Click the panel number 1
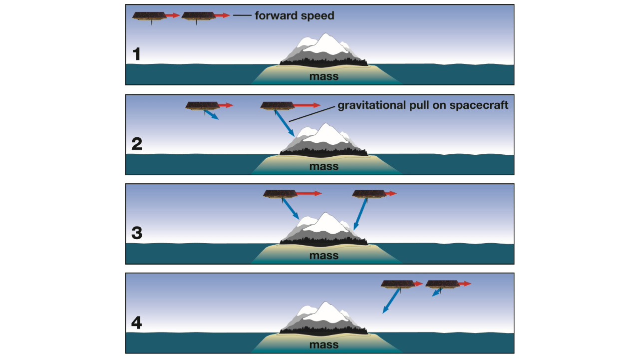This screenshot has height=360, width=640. [x=136, y=54]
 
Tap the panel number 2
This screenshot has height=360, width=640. [x=136, y=144]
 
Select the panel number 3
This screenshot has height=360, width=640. [x=136, y=233]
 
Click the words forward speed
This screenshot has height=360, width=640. [x=294, y=15]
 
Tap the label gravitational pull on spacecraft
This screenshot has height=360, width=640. [x=423, y=105]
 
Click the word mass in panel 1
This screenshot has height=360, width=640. [x=323, y=76]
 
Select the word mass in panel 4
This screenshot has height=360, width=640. [x=323, y=345]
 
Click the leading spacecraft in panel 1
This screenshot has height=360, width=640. [x=197, y=16]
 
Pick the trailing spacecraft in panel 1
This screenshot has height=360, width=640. [x=148, y=16]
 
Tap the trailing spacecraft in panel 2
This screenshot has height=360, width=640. [x=202, y=105]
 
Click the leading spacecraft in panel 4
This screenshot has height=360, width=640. [x=442, y=284]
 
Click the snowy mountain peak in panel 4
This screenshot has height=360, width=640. [x=327, y=310]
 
